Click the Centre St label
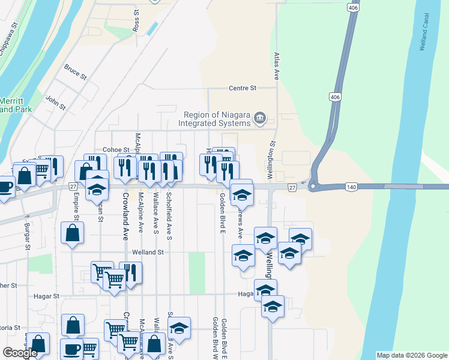pyautogui.click(x=243, y=88)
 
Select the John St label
pyautogui.click(x=55, y=103)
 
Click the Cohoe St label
pyautogui.click(x=116, y=149)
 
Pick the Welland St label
pyautogui.click(x=152, y=253)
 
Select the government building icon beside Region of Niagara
pyautogui.click(x=260, y=118)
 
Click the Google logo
pyautogui.click(x=20, y=353)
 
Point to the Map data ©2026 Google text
pyautogui.click(x=411, y=355)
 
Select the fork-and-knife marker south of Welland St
pyautogui.click(x=130, y=272)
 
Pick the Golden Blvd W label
pyautogui.click(x=214, y=336)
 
